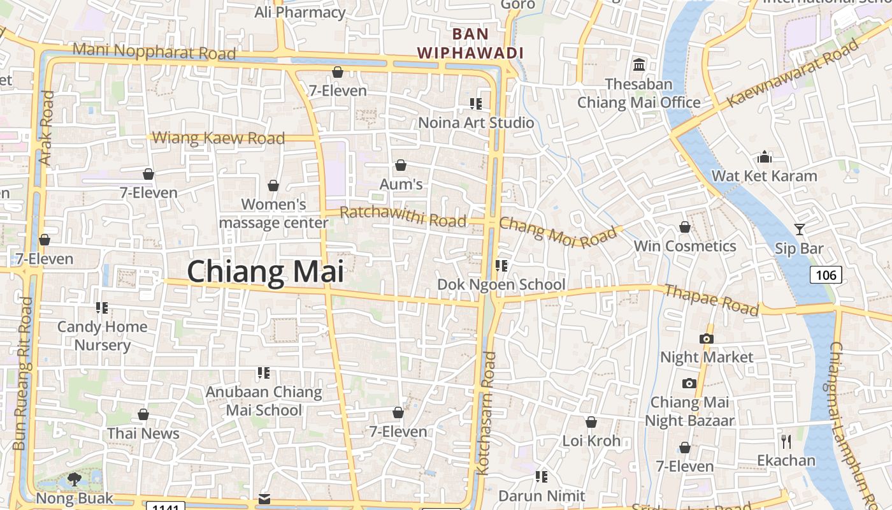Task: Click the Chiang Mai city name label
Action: tap(265, 272)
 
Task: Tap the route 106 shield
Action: tap(826, 275)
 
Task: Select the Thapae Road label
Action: tap(711, 300)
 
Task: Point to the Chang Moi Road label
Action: tap(557, 233)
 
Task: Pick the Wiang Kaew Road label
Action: tap(219, 138)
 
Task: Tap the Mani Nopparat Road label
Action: tap(154, 51)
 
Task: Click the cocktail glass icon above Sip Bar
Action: tap(800, 229)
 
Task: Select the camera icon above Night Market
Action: tap(707, 339)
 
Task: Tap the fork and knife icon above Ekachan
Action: tap(786, 441)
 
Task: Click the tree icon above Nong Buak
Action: tap(75, 479)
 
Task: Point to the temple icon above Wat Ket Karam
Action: tap(765, 157)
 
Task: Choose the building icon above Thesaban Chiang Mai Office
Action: tap(639, 64)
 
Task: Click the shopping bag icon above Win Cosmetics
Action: tap(685, 227)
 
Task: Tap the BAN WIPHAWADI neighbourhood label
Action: tap(470, 43)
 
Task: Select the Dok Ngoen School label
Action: tap(501, 284)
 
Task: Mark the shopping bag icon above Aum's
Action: tap(401, 166)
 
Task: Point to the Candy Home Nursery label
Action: tap(102, 335)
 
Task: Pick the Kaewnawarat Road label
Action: tap(793, 72)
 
